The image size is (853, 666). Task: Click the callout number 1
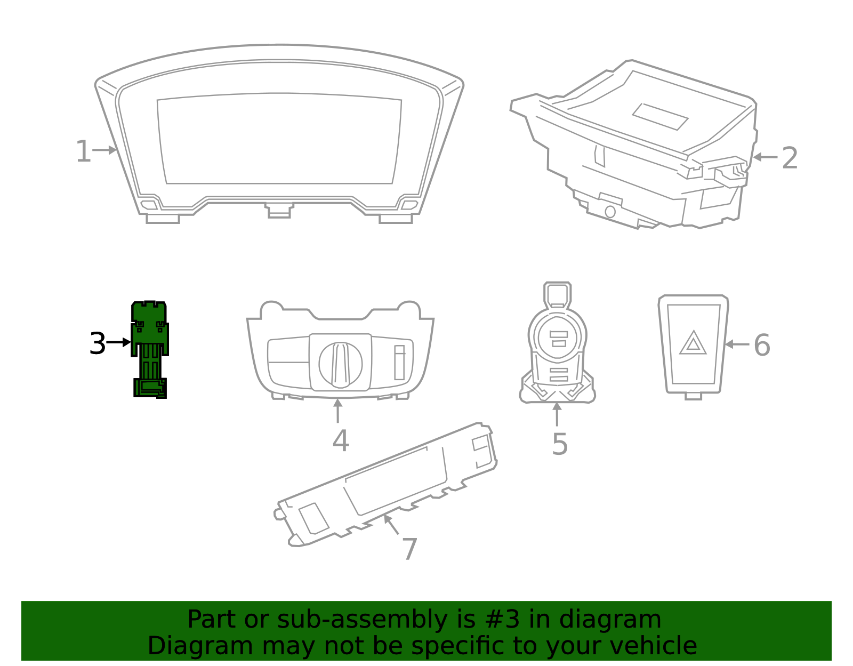(83, 151)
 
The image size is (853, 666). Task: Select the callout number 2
(790, 158)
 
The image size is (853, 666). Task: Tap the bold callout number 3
(98, 343)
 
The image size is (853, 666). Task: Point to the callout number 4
(341, 440)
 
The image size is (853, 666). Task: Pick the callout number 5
(560, 444)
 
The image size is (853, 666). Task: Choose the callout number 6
(762, 345)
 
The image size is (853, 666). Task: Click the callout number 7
(409, 549)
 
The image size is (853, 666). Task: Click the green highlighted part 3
(150, 350)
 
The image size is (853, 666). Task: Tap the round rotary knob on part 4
(340, 365)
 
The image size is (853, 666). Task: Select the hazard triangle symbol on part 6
(693, 343)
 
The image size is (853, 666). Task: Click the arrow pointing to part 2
(765, 157)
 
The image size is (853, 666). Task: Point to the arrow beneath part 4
(337, 411)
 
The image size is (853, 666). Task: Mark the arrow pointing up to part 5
(557, 414)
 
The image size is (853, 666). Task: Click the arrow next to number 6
(737, 344)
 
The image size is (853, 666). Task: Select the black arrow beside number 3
(118, 342)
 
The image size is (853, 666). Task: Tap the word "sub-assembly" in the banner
(362, 620)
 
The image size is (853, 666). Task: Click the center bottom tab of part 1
(279, 210)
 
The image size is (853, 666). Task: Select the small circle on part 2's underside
(610, 212)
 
